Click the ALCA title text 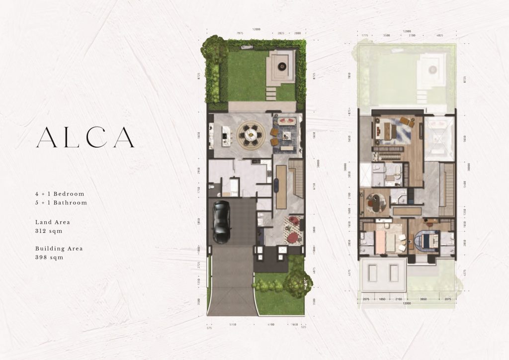coord(85,137)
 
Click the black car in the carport coord(221,221)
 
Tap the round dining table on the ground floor coord(249,134)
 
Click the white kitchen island coord(226,135)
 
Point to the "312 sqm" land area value coord(49,231)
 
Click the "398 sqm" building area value coord(49,258)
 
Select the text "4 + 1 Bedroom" coord(60,193)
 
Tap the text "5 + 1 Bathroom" coord(61,202)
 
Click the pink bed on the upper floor coord(383,242)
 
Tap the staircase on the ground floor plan coord(297,179)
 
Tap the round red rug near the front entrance coord(293,230)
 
